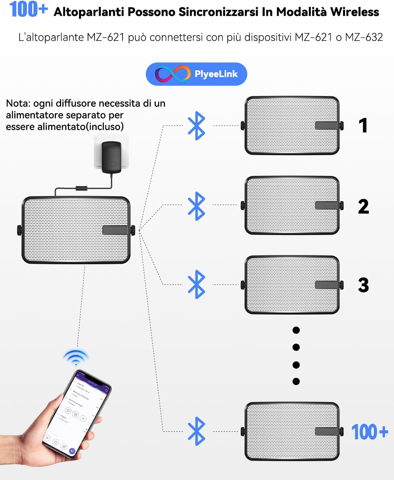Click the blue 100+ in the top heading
pyautogui.click(x=29, y=9)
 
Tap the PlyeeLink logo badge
pyautogui.click(x=196, y=74)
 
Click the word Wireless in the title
pyautogui.click(x=355, y=12)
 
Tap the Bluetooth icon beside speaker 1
pyautogui.click(x=196, y=126)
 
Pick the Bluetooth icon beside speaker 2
pyautogui.click(x=196, y=206)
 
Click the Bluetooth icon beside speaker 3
pyautogui.click(x=196, y=284)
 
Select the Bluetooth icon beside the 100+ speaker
pyautogui.click(x=196, y=431)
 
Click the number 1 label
pyautogui.click(x=363, y=126)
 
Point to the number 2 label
pyautogui.click(x=363, y=206)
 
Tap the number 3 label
pyautogui.click(x=363, y=285)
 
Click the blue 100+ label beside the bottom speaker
pyautogui.click(x=370, y=432)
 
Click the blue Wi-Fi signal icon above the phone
pyautogui.click(x=76, y=357)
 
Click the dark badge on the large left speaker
pyautogui.click(x=115, y=230)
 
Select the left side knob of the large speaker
pyautogui.click(x=19, y=230)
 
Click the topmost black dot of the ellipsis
pyautogui.click(x=296, y=330)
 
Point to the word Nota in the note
pyautogui.click(x=18, y=103)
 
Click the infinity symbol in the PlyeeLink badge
pyautogui.click(x=173, y=74)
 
